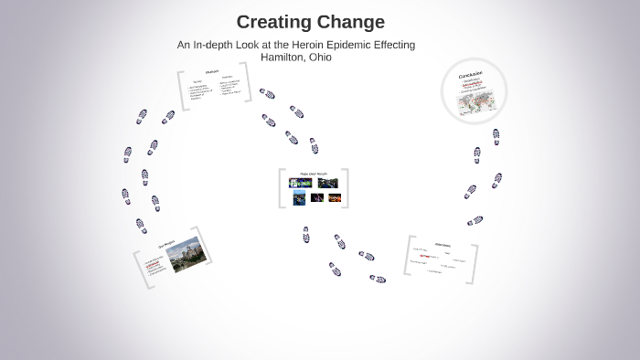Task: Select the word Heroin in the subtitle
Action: [x=317, y=45]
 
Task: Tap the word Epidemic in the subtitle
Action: [x=362, y=45]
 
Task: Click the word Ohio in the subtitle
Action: [x=321, y=57]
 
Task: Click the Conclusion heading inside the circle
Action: [x=473, y=74]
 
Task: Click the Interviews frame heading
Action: [x=443, y=244]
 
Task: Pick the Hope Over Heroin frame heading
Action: [x=314, y=173]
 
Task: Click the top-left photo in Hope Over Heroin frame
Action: [x=300, y=183]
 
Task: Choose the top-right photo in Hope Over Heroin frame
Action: [x=327, y=183]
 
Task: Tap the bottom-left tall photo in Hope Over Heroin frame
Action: [x=299, y=197]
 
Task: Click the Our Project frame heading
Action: [x=165, y=246]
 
